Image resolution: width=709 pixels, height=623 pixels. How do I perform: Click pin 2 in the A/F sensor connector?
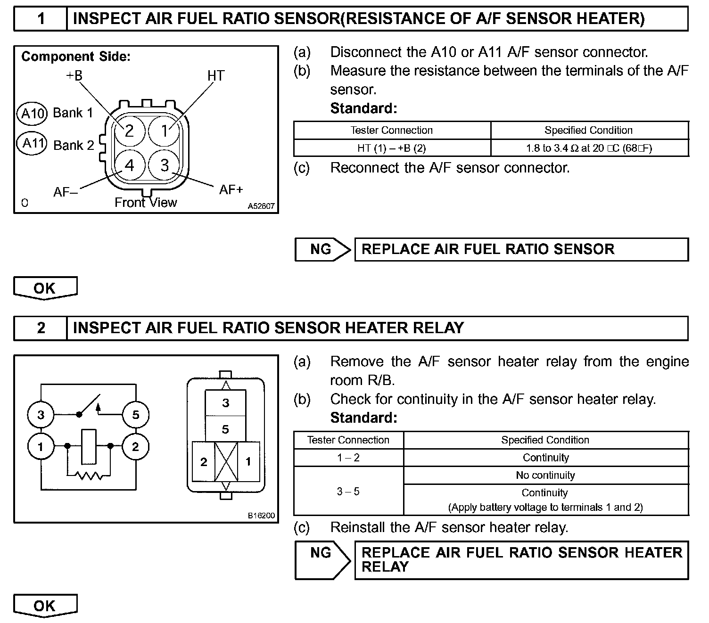tap(129, 131)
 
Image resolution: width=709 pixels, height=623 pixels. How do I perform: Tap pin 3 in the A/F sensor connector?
tap(164, 165)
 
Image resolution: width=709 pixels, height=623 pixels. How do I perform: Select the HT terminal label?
tap(216, 75)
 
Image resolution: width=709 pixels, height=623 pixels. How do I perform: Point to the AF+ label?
tap(231, 189)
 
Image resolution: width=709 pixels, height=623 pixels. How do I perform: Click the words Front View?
tap(146, 203)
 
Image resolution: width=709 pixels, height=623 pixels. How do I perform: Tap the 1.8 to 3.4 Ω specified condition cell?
tap(589, 148)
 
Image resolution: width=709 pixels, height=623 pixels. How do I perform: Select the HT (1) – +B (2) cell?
tap(391, 148)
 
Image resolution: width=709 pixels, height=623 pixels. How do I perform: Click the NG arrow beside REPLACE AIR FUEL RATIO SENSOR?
tap(322, 249)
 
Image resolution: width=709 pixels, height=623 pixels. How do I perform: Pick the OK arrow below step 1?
tap(45, 288)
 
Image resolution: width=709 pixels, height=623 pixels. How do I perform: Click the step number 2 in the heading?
tap(41, 328)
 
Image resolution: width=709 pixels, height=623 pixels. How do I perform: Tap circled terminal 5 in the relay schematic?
tap(136, 415)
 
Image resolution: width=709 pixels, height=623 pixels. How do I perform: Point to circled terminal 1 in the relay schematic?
tap(41, 446)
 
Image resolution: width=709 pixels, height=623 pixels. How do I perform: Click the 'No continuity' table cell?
tap(545, 475)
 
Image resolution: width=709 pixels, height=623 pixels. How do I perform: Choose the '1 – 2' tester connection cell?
tap(348, 458)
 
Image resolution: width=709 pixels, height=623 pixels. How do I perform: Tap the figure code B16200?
tap(261, 516)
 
